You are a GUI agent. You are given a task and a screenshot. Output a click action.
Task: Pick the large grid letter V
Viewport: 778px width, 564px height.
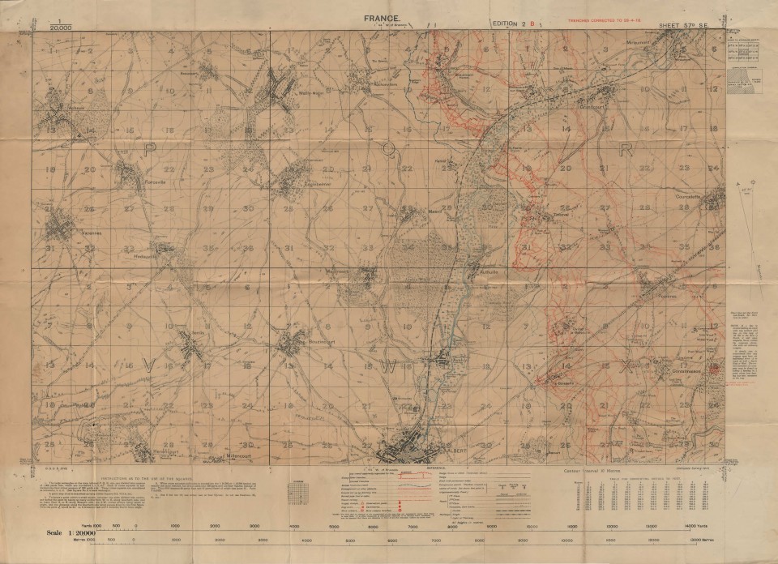[148, 365]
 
